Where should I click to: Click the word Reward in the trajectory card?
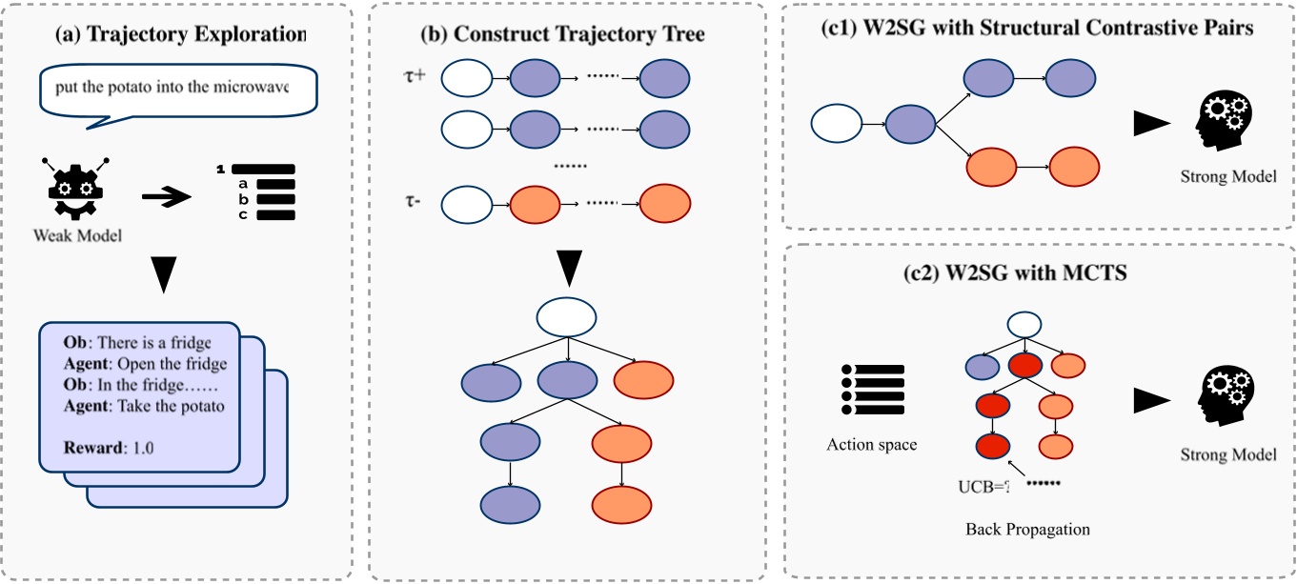click(81, 447)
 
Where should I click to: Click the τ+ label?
click(415, 73)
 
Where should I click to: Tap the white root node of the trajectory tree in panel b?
click(566, 316)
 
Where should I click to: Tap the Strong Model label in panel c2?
click(1227, 454)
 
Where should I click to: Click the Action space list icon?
click(869, 389)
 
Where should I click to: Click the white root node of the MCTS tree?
click(1023, 325)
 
